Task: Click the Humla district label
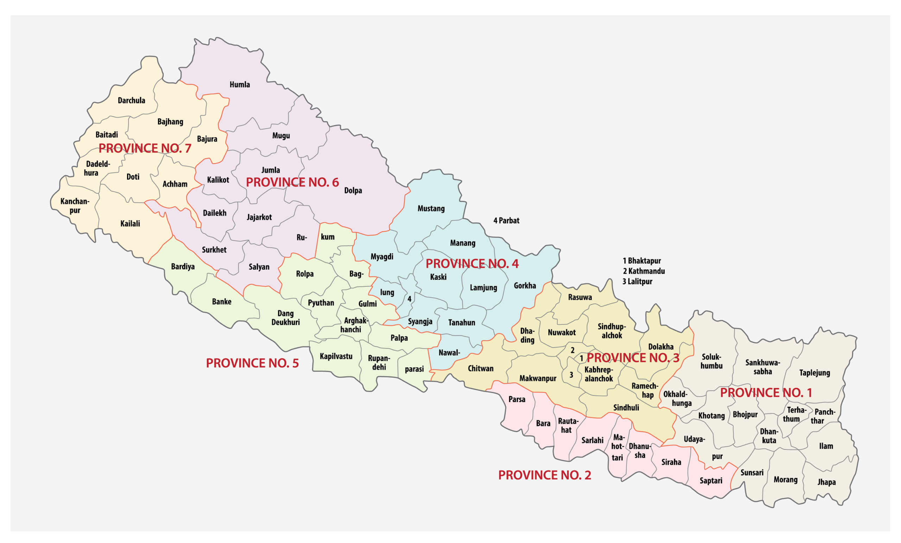[x=240, y=85]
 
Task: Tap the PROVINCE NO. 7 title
[x=145, y=148]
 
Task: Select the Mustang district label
[x=431, y=208]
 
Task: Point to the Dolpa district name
[x=353, y=190]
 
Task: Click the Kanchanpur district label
[x=75, y=206]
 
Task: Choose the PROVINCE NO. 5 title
[x=252, y=363]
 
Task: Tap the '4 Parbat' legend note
[x=506, y=221]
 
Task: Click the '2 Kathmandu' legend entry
[x=644, y=271]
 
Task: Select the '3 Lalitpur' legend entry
[x=637, y=282]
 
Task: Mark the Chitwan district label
[x=480, y=368]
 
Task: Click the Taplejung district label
[x=814, y=373]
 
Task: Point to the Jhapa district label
[x=826, y=482]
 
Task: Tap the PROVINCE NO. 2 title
[x=544, y=475]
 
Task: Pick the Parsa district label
[x=517, y=400]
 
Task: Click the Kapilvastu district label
[x=336, y=356]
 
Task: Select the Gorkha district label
[x=525, y=286]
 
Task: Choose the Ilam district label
[x=826, y=446]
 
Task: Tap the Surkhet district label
[x=214, y=250]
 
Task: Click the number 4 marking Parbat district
[x=409, y=299]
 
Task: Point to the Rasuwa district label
[x=580, y=297]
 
